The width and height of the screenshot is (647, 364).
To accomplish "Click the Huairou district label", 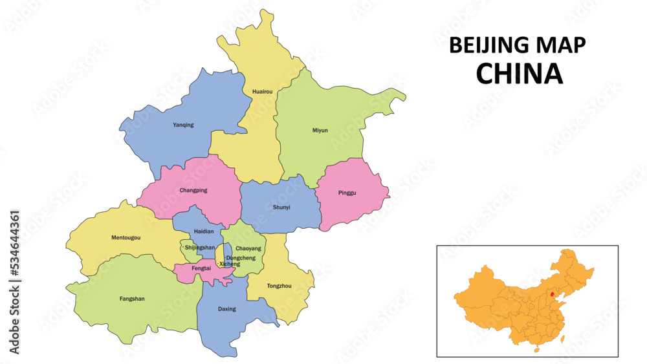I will click(262, 92).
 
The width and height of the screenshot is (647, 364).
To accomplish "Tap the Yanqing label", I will click(183, 125).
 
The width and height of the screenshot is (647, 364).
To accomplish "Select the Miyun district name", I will click(320, 130).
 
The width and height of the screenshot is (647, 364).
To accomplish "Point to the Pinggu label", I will click(347, 193).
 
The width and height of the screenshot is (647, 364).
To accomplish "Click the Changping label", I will click(193, 190).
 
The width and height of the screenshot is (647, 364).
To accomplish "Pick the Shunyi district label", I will click(281, 208).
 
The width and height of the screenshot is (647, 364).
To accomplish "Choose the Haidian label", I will click(203, 231).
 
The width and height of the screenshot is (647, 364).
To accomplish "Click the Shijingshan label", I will click(200, 248).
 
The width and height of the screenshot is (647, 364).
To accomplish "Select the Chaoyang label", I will click(248, 248).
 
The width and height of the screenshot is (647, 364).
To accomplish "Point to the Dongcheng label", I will click(241, 258).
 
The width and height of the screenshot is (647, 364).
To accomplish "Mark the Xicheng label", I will click(230, 264).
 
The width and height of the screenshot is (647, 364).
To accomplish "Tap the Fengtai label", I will click(201, 268).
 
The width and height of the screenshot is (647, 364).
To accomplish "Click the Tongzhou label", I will click(279, 285).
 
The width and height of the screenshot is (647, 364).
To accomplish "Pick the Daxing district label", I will click(227, 309).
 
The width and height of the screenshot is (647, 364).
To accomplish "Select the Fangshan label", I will click(132, 299).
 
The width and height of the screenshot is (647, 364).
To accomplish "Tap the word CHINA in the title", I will click(519, 74).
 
